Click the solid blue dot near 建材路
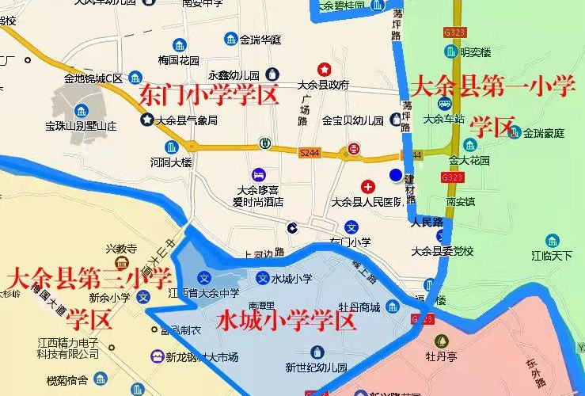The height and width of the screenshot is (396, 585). click(x=395, y=175)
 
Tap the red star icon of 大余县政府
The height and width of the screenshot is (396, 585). click(x=323, y=70)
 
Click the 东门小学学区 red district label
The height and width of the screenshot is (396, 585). click(x=209, y=96)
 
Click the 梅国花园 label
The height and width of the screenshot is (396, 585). click(x=178, y=59)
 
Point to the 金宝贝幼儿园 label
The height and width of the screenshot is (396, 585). click(x=352, y=121)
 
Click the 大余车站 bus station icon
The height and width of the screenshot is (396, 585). click(x=444, y=104)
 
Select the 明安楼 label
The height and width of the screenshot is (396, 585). click(x=476, y=52)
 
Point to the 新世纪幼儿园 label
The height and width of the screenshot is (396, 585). click(x=317, y=367)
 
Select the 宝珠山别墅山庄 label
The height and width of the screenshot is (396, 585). click(x=81, y=126)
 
